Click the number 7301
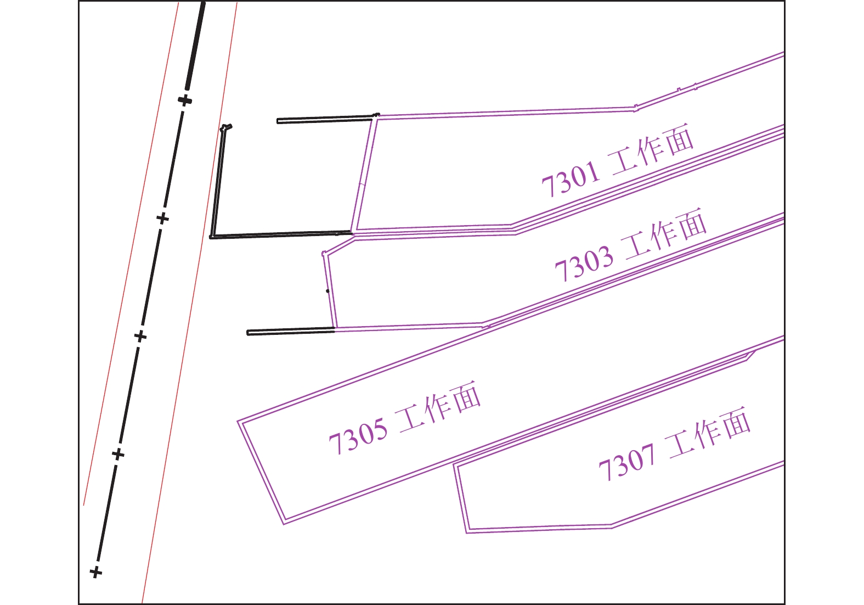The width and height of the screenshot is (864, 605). pyautogui.click(x=571, y=179)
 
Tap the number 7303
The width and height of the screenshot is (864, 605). pyautogui.click(x=584, y=264)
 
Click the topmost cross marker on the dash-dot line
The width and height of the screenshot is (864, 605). pyautogui.click(x=185, y=100)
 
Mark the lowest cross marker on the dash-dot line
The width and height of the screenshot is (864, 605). pyautogui.click(x=96, y=572)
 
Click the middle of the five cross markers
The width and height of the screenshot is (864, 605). pyautogui.click(x=140, y=335)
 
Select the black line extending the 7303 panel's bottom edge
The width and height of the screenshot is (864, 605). pyautogui.click(x=291, y=332)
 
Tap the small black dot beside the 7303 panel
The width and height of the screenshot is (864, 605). pyautogui.click(x=327, y=291)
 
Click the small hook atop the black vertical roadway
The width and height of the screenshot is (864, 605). pyautogui.click(x=226, y=127)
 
